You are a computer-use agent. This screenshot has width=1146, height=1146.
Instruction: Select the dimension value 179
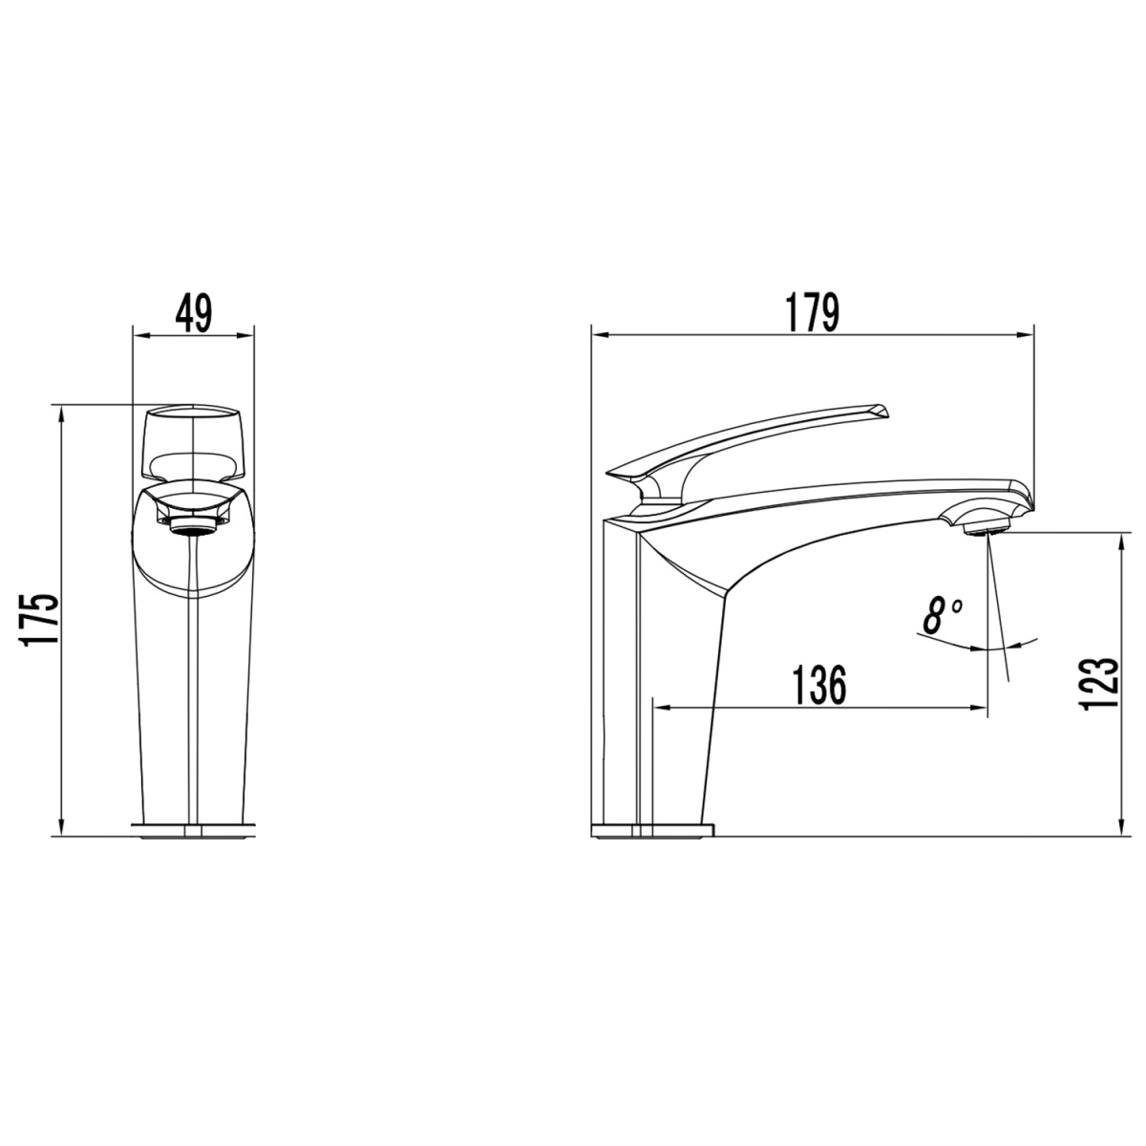coord(813,312)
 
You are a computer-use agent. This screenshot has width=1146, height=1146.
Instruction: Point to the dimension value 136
coord(818,685)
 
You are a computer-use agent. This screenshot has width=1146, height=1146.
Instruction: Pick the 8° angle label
coord(942,616)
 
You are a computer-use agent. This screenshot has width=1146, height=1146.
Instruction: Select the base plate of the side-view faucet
coord(652,830)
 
